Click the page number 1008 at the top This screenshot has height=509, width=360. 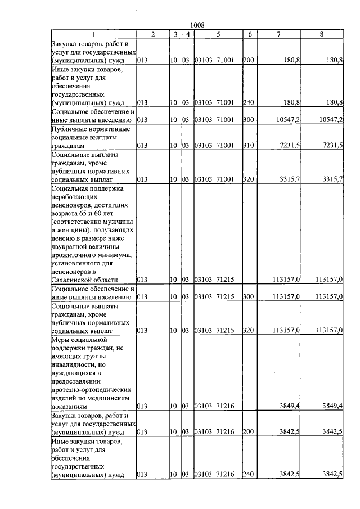tap(197, 25)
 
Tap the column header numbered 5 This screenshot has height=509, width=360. tap(217, 34)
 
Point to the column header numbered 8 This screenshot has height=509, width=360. tap(321, 34)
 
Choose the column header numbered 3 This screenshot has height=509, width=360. tap(175, 34)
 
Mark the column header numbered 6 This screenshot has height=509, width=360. tap(250, 34)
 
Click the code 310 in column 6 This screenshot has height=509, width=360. tap(248, 145)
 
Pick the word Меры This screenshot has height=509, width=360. tap(59, 340)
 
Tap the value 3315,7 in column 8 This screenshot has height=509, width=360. tap(333, 179)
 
